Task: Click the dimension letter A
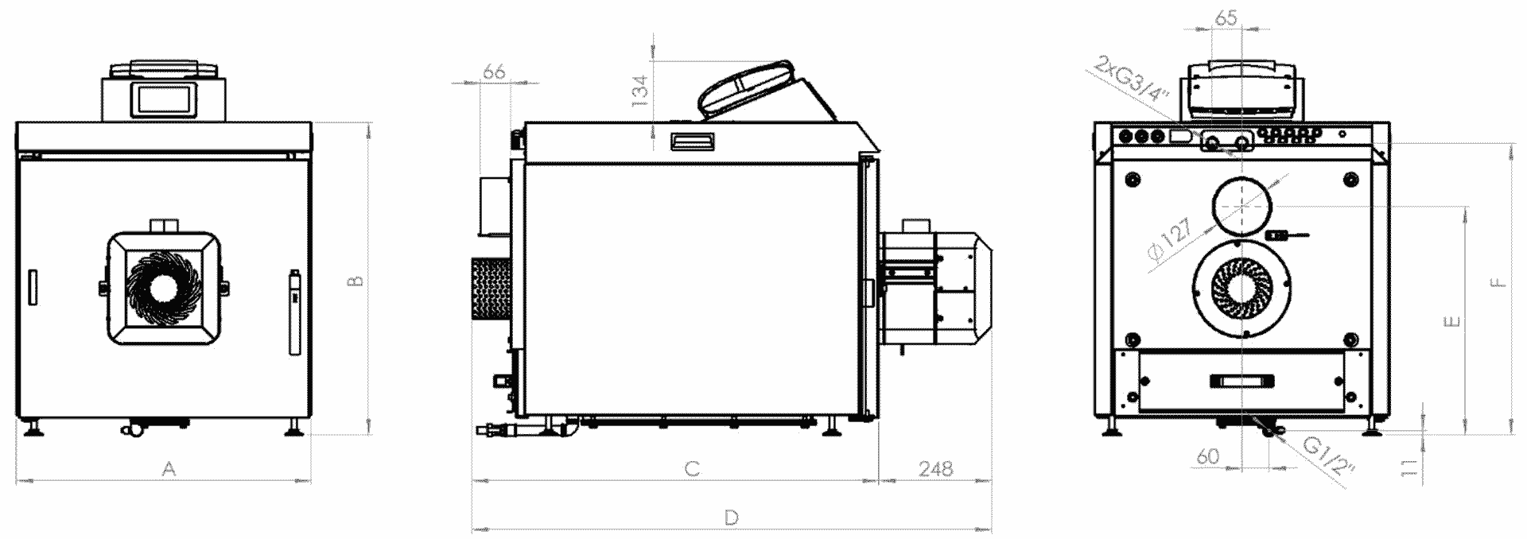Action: (169, 470)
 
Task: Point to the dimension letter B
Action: (357, 281)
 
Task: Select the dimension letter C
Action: (692, 469)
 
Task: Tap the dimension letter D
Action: (732, 518)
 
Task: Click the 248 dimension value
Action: (935, 469)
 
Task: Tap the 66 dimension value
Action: (495, 72)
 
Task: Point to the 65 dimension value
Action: (1227, 17)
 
